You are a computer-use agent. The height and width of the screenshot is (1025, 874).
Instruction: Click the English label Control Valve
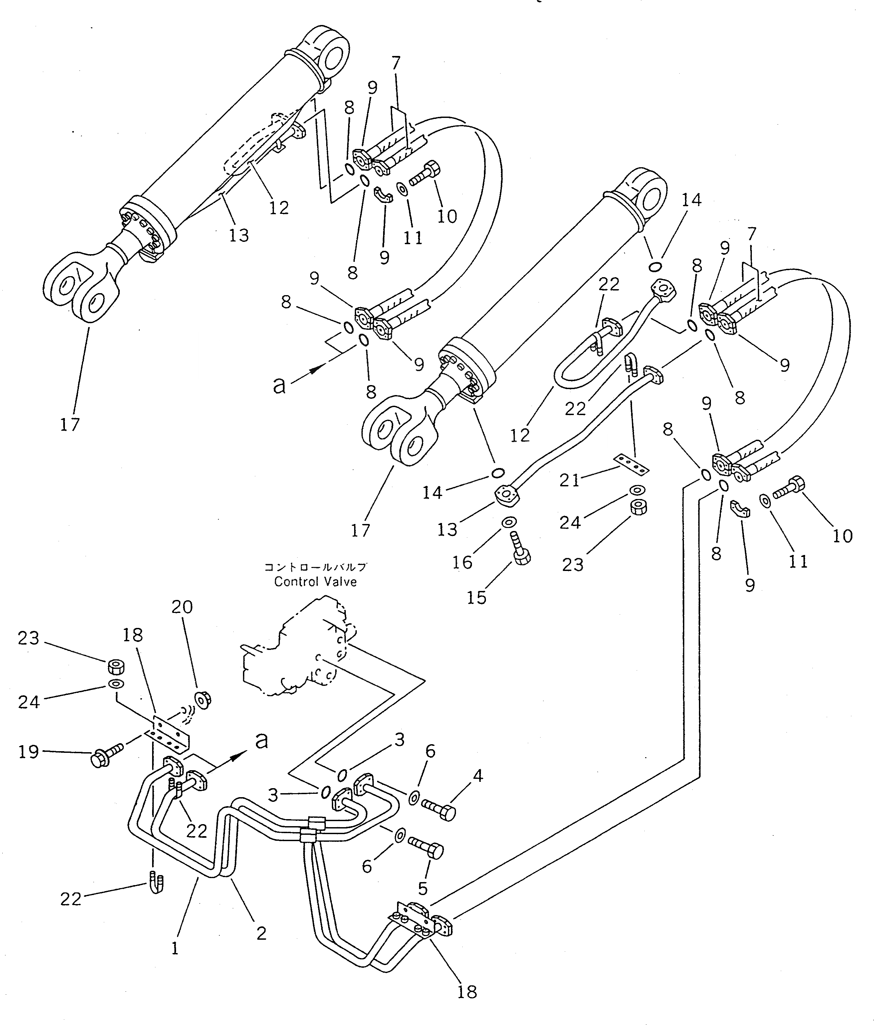pos(316,582)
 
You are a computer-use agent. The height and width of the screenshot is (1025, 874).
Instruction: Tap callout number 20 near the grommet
pos(182,607)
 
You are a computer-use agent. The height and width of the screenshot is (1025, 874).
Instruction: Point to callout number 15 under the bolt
pos(477,598)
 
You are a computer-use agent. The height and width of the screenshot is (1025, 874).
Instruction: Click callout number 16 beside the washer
pos(463,562)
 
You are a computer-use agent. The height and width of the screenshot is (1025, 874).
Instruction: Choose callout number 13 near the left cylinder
pos(239,235)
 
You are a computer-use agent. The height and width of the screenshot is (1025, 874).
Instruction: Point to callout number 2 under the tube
pos(261,933)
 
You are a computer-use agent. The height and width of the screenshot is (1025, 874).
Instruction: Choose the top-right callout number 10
pos(447,216)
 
